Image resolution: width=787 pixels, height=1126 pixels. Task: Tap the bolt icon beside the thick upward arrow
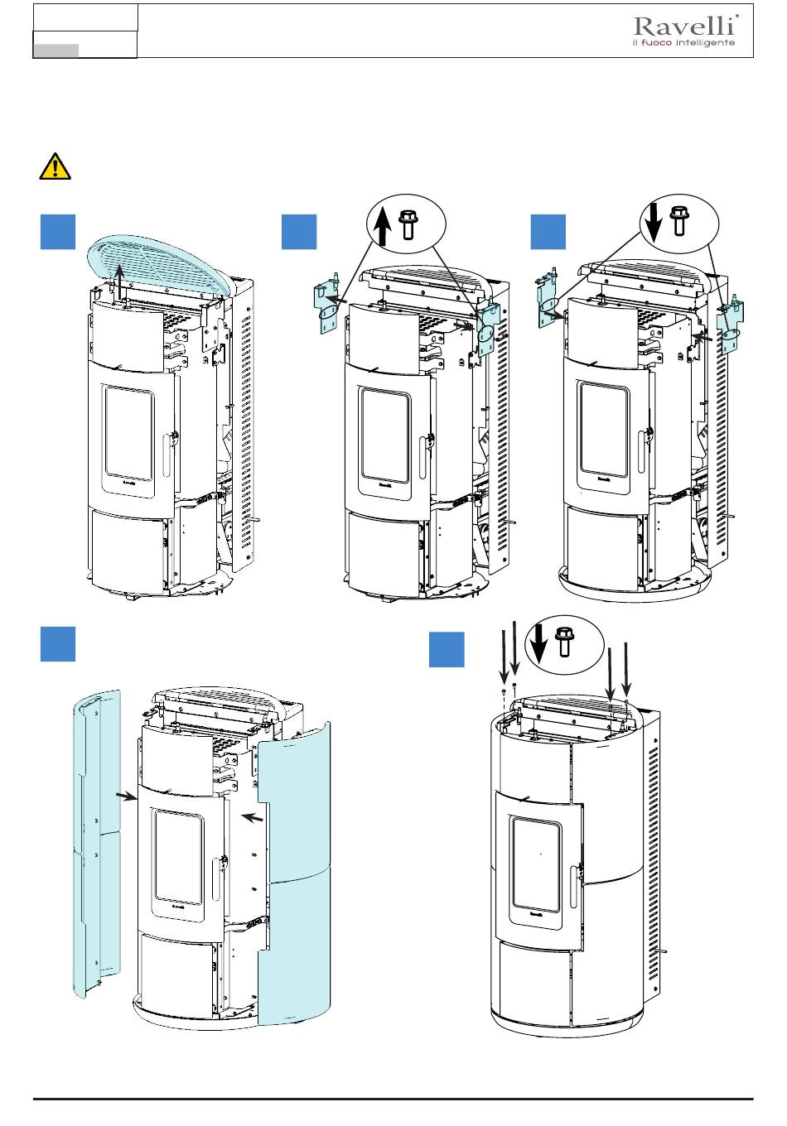[x=408, y=224]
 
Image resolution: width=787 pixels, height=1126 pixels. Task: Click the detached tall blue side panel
[x=98, y=836]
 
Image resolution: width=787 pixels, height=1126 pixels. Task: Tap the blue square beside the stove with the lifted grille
[x=59, y=232]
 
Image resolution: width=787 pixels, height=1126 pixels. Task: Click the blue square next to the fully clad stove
[x=447, y=650]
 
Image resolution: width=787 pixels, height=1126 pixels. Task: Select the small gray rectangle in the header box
[x=56, y=51]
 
